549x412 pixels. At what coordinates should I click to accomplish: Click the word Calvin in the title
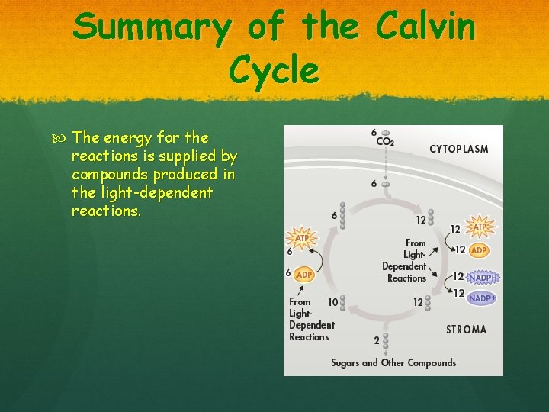[x=426, y=28]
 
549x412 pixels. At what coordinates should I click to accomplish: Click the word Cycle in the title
[x=274, y=70]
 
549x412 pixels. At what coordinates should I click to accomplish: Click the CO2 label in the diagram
[x=384, y=141]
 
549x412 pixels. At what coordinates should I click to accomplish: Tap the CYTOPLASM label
[x=458, y=149]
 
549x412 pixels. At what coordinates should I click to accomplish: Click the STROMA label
[x=466, y=330]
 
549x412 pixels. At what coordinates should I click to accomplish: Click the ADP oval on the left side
[x=303, y=274]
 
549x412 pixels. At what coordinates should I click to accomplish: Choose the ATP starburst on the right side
[x=480, y=227]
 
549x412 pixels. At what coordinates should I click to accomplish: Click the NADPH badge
[x=482, y=277]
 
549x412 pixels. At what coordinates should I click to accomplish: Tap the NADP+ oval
[x=482, y=298]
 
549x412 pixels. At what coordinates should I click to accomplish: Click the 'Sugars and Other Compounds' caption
[x=393, y=362]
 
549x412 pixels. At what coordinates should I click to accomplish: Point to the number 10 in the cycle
[x=332, y=302]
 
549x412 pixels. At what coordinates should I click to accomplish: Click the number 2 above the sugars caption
[x=375, y=340]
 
